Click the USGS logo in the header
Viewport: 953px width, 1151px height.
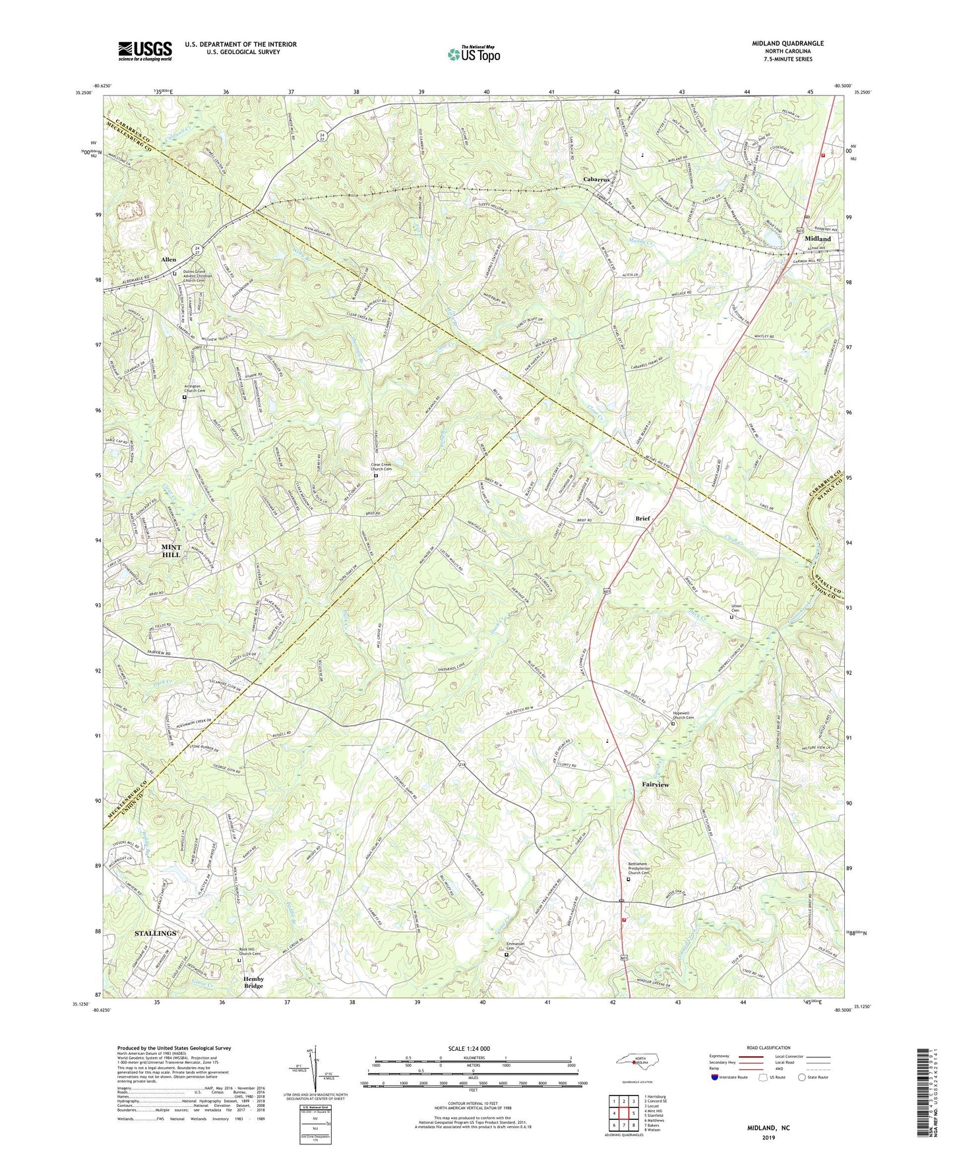[x=144, y=51]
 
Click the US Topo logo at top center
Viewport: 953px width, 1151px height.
[x=473, y=54]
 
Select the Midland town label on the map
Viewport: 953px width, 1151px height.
[x=817, y=239]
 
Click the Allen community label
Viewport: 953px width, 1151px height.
[x=169, y=260]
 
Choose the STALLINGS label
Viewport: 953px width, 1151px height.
[x=156, y=933]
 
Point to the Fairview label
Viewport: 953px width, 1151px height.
[x=656, y=785]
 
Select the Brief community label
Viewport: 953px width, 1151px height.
[x=642, y=519]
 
